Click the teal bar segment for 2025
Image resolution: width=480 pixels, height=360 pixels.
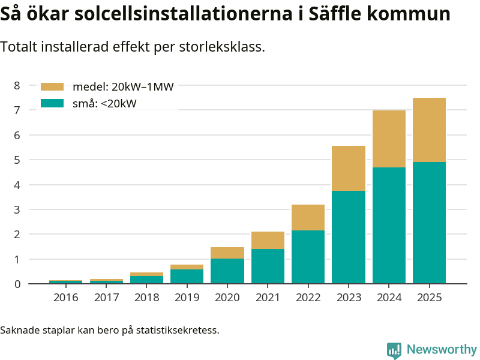pyautogui.click(x=429, y=223)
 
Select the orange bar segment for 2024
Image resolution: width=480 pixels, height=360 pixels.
pyautogui.click(x=389, y=139)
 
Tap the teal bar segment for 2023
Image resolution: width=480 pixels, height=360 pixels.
pyautogui.click(x=349, y=237)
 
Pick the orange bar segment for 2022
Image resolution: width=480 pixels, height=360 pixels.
pyautogui.click(x=308, y=217)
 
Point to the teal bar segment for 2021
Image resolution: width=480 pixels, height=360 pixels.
pyautogui.click(x=268, y=266)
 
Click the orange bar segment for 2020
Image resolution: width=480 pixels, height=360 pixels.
pyautogui.click(x=227, y=253)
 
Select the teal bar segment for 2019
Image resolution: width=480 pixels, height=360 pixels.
pyautogui.click(x=187, y=276)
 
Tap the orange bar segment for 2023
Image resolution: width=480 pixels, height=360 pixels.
pyautogui.click(x=349, y=168)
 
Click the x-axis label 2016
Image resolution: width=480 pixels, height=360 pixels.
pyautogui.click(x=66, y=297)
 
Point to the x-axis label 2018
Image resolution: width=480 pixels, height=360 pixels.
pyautogui.click(x=146, y=297)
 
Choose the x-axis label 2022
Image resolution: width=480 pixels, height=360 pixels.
pyautogui.click(x=308, y=297)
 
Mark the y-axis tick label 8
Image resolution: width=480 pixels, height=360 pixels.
pyautogui.click(x=17, y=86)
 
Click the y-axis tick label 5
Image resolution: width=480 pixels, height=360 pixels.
pyautogui.click(x=17, y=160)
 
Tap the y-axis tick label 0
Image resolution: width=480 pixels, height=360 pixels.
pyautogui.click(x=17, y=284)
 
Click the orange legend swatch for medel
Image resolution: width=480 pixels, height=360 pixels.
pyautogui.click(x=52, y=87)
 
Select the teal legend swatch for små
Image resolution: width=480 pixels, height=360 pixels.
pyautogui.click(x=52, y=103)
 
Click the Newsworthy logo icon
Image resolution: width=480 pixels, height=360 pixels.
pyautogui.click(x=394, y=350)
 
